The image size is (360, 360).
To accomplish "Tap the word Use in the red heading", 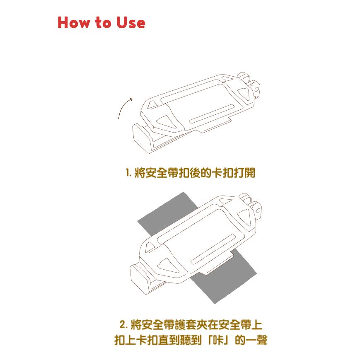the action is click(x=130, y=23).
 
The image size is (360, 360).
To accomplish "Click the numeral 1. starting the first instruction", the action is click(x=128, y=173).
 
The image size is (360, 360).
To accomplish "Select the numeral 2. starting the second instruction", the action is click(x=123, y=324).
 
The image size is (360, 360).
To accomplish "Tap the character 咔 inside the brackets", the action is click(x=218, y=340).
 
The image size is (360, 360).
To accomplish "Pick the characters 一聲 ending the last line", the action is click(x=257, y=340).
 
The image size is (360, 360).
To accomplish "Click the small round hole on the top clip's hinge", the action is click(x=257, y=89).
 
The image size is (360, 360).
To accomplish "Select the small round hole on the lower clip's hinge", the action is click(x=258, y=210).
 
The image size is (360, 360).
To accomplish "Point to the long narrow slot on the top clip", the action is click(x=211, y=114).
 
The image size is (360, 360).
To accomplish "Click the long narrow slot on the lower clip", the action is click(x=213, y=249).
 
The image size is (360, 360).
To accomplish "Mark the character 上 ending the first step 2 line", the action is click(x=257, y=324).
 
